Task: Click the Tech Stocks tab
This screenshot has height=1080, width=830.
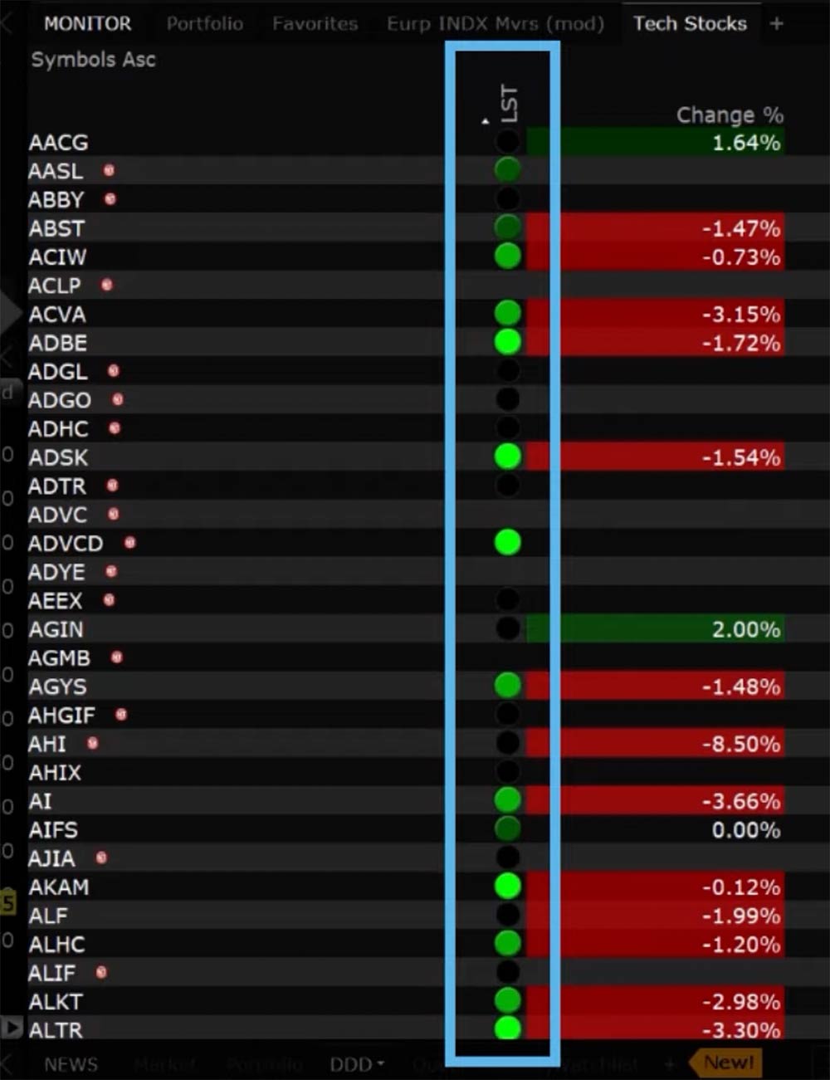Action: (x=690, y=24)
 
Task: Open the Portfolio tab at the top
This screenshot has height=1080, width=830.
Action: (x=204, y=24)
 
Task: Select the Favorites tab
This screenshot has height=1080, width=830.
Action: (x=315, y=24)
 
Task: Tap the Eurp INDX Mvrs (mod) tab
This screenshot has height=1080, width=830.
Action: (x=496, y=24)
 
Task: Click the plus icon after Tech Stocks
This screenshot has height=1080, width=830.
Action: (x=776, y=24)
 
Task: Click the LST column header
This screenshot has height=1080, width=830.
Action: (x=508, y=104)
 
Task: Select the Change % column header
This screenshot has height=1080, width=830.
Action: (x=729, y=115)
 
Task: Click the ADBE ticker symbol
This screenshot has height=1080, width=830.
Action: (x=58, y=343)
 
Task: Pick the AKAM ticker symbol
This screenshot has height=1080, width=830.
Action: (x=59, y=887)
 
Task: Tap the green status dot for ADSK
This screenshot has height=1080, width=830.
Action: (x=507, y=456)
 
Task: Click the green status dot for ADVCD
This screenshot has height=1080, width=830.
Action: (x=507, y=542)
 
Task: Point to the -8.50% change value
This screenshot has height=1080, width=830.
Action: (x=741, y=744)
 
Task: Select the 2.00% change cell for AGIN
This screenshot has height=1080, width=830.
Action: (x=745, y=629)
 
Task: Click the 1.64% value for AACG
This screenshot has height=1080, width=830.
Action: (x=745, y=143)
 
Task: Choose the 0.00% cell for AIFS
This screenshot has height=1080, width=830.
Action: (x=745, y=830)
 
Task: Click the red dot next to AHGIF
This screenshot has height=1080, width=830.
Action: (x=121, y=714)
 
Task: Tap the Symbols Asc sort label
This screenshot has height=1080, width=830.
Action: (x=93, y=60)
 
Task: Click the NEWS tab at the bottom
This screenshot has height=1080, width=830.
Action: (x=71, y=1064)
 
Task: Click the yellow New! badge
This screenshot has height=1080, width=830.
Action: (x=728, y=1063)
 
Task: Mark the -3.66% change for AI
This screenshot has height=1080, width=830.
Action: (x=741, y=801)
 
